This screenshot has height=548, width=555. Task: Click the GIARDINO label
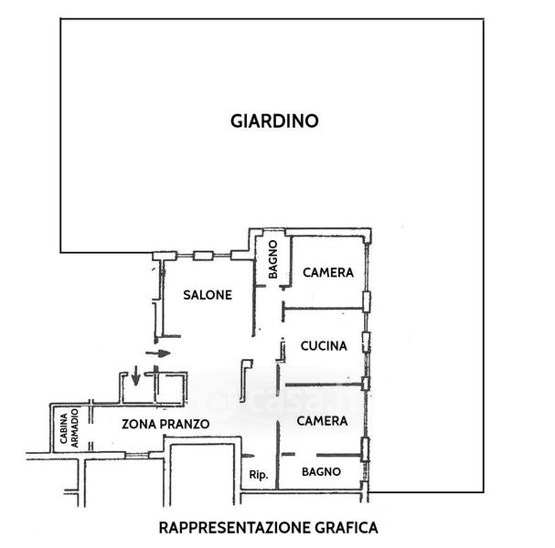click(274, 121)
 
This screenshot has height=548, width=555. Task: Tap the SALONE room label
click(207, 295)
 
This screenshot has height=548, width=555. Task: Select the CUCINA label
click(324, 346)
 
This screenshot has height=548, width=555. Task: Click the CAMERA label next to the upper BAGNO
click(328, 272)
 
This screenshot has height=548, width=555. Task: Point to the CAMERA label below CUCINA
click(323, 421)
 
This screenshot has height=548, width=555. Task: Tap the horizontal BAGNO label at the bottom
click(321, 471)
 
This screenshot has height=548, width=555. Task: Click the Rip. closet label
click(257, 474)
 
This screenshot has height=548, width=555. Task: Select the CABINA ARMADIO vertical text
click(71, 427)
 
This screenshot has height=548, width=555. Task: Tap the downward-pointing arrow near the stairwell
click(135, 374)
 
